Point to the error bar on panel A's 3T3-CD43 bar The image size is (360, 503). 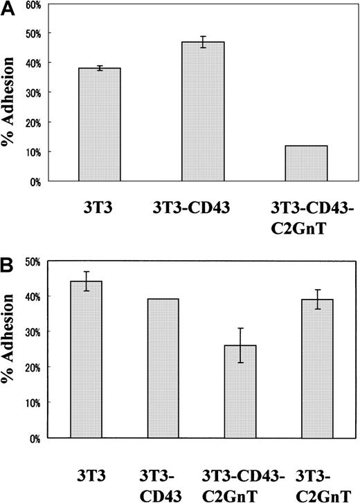pos(203,42)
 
